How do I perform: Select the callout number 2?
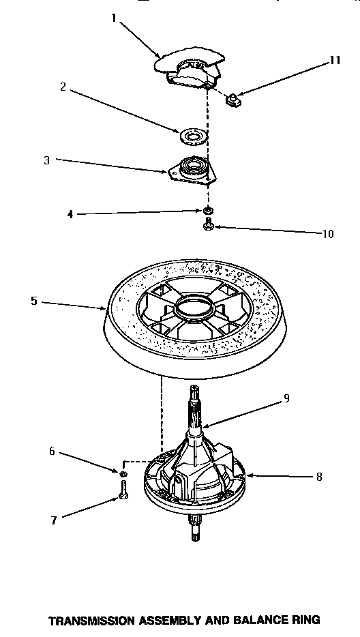[63, 87]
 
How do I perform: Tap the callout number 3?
[46, 161]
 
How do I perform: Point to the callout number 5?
[34, 301]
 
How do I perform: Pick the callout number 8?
[318, 477]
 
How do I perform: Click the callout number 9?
[286, 399]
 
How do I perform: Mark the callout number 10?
[328, 234]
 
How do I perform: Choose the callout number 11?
[334, 60]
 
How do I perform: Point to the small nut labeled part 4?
[207, 211]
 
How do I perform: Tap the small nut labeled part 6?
[123, 473]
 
